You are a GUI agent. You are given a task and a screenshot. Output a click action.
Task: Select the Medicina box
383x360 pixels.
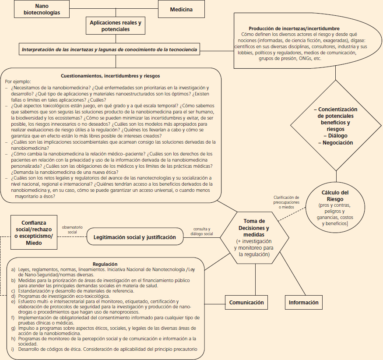pos(181,9)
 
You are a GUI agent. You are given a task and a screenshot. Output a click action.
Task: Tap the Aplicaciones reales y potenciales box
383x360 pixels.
pos(116,25)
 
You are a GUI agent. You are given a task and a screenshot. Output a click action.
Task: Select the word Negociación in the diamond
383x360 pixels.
pos(335,143)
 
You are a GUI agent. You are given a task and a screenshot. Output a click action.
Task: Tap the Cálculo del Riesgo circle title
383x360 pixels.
pos(335,195)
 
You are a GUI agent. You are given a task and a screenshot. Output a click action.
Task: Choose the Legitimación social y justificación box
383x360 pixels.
pos(135,237)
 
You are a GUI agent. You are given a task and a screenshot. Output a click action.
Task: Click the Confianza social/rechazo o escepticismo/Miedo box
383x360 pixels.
pos(34,233)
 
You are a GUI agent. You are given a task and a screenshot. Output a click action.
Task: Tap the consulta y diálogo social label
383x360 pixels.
pos(202,231)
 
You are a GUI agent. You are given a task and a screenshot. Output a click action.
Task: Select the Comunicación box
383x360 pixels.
pos(246,302)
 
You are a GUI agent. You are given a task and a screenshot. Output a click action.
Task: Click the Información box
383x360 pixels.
pos(304,302)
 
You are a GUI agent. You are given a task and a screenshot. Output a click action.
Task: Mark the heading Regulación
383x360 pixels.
pos(105,264)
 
